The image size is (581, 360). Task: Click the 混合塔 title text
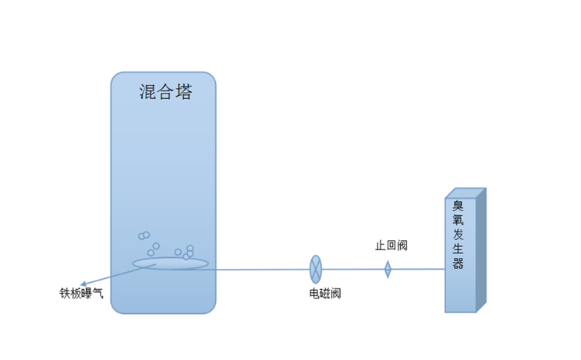pyautogui.click(x=165, y=92)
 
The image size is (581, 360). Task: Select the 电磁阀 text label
pyautogui.click(x=324, y=293)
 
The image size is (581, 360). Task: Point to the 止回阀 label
pyautogui.click(x=391, y=245)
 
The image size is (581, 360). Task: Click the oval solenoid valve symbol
pyautogui.click(x=315, y=269)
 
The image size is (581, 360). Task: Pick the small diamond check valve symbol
pyautogui.click(x=388, y=270)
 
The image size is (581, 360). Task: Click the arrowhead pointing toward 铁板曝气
pyautogui.click(x=83, y=284)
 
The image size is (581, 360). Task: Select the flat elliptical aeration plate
pyautogui.click(x=170, y=263)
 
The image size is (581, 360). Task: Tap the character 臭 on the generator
pyautogui.click(x=458, y=207)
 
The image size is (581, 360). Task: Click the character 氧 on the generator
pyautogui.click(x=458, y=221)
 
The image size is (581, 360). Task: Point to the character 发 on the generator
pyautogui.click(x=458, y=235)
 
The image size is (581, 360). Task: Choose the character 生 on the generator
pyautogui.click(x=458, y=249)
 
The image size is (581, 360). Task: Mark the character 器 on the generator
pyautogui.click(x=458, y=263)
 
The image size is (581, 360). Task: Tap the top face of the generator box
pyautogui.click(x=466, y=193)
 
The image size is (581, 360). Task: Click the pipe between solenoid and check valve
pyautogui.click(x=351, y=270)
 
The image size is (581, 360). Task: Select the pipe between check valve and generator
pyautogui.click(x=417, y=270)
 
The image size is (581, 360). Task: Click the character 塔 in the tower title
pyautogui.click(x=183, y=92)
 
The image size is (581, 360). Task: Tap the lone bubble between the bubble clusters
pyautogui.click(x=156, y=246)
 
